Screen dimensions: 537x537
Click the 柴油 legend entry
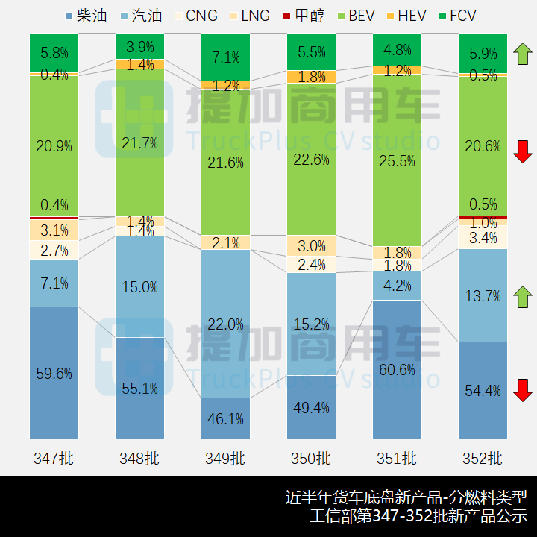point(91,16)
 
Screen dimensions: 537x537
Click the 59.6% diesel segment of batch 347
point(54,373)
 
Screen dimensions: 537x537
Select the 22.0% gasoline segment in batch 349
point(226,324)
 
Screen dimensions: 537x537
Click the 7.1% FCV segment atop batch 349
point(226,57)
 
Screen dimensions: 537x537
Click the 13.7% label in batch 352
point(483,296)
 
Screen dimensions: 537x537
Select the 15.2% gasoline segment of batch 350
point(312,324)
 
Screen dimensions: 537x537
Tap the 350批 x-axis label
point(312,458)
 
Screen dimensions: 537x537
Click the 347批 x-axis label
point(54,458)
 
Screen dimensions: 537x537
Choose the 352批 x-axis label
point(483,458)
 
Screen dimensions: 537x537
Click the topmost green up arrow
point(522,54)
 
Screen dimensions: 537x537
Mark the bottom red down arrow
point(522,390)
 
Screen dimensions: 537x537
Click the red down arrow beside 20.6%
point(522,151)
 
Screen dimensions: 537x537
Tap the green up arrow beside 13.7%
point(522,296)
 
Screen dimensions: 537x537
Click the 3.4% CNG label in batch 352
point(483,239)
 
